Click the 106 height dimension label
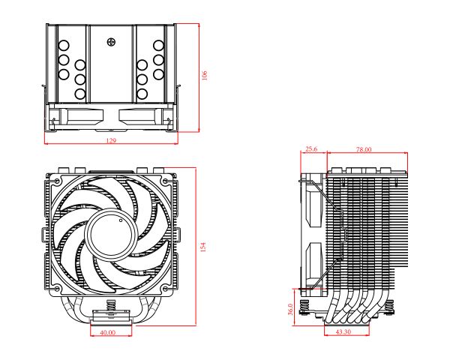(x=204, y=76)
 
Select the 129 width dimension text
(x=111, y=140)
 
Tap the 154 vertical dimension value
(x=202, y=246)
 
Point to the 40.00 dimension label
(x=107, y=331)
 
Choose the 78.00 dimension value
(x=363, y=149)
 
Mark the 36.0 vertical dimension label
(x=291, y=309)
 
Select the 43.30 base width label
(x=343, y=331)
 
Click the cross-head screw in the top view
(x=112, y=41)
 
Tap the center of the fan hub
(x=110, y=233)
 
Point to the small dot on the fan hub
(x=119, y=223)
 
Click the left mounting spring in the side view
(x=305, y=306)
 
